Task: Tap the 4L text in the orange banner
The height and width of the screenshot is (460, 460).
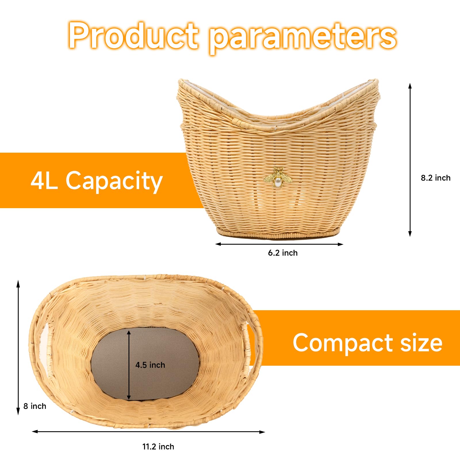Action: [x=44, y=180]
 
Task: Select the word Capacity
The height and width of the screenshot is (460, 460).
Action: [x=114, y=181]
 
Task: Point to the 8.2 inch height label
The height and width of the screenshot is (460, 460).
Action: [x=436, y=178]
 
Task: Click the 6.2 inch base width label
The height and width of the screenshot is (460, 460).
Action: [x=283, y=253]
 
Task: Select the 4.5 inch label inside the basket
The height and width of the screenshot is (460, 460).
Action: [x=150, y=365]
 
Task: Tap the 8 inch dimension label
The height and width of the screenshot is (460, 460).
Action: [x=35, y=406]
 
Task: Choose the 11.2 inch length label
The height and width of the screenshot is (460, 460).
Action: [x=158, y=447]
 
